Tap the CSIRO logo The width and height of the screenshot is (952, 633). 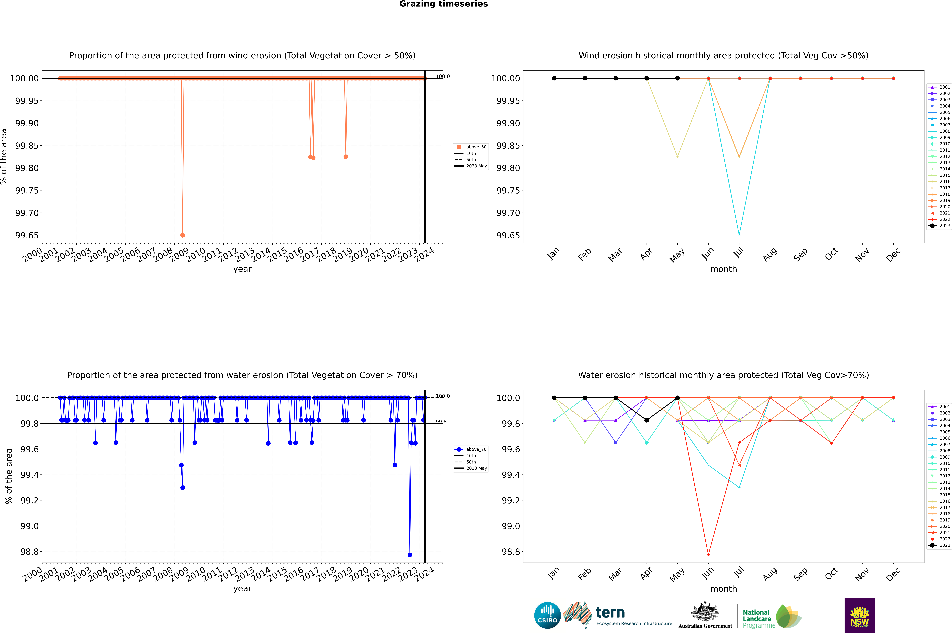click(x=547, y=615)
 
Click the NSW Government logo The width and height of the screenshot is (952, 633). click(x=860, y=615)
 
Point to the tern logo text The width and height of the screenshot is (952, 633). click(x=610, y=613)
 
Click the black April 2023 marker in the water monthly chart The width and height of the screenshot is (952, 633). click(x=647, y=420)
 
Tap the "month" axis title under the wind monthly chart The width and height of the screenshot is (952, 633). click(x=723, y=269)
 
